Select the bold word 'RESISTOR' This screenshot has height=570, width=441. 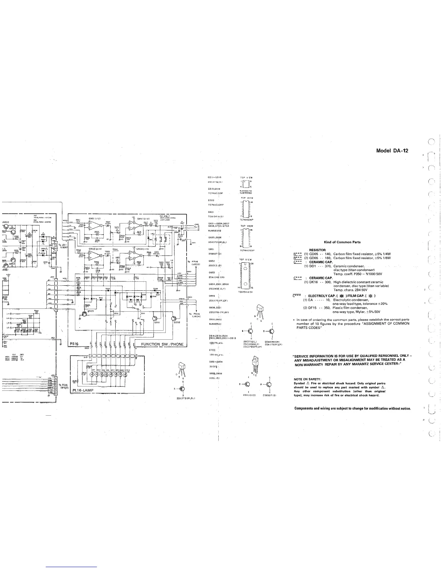click(x=317, y=250)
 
